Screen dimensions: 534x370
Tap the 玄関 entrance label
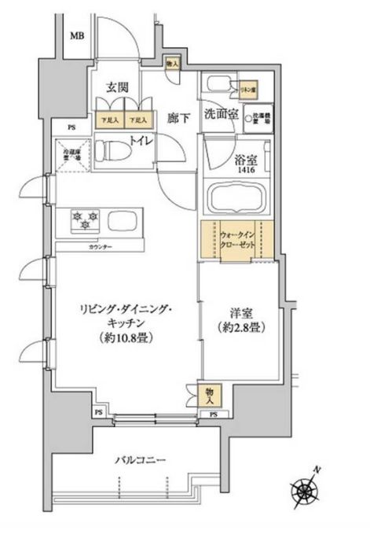pyautogui.click(x=118, y=87)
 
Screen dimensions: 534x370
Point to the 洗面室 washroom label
pyautogui.click(x=222, y=115)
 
